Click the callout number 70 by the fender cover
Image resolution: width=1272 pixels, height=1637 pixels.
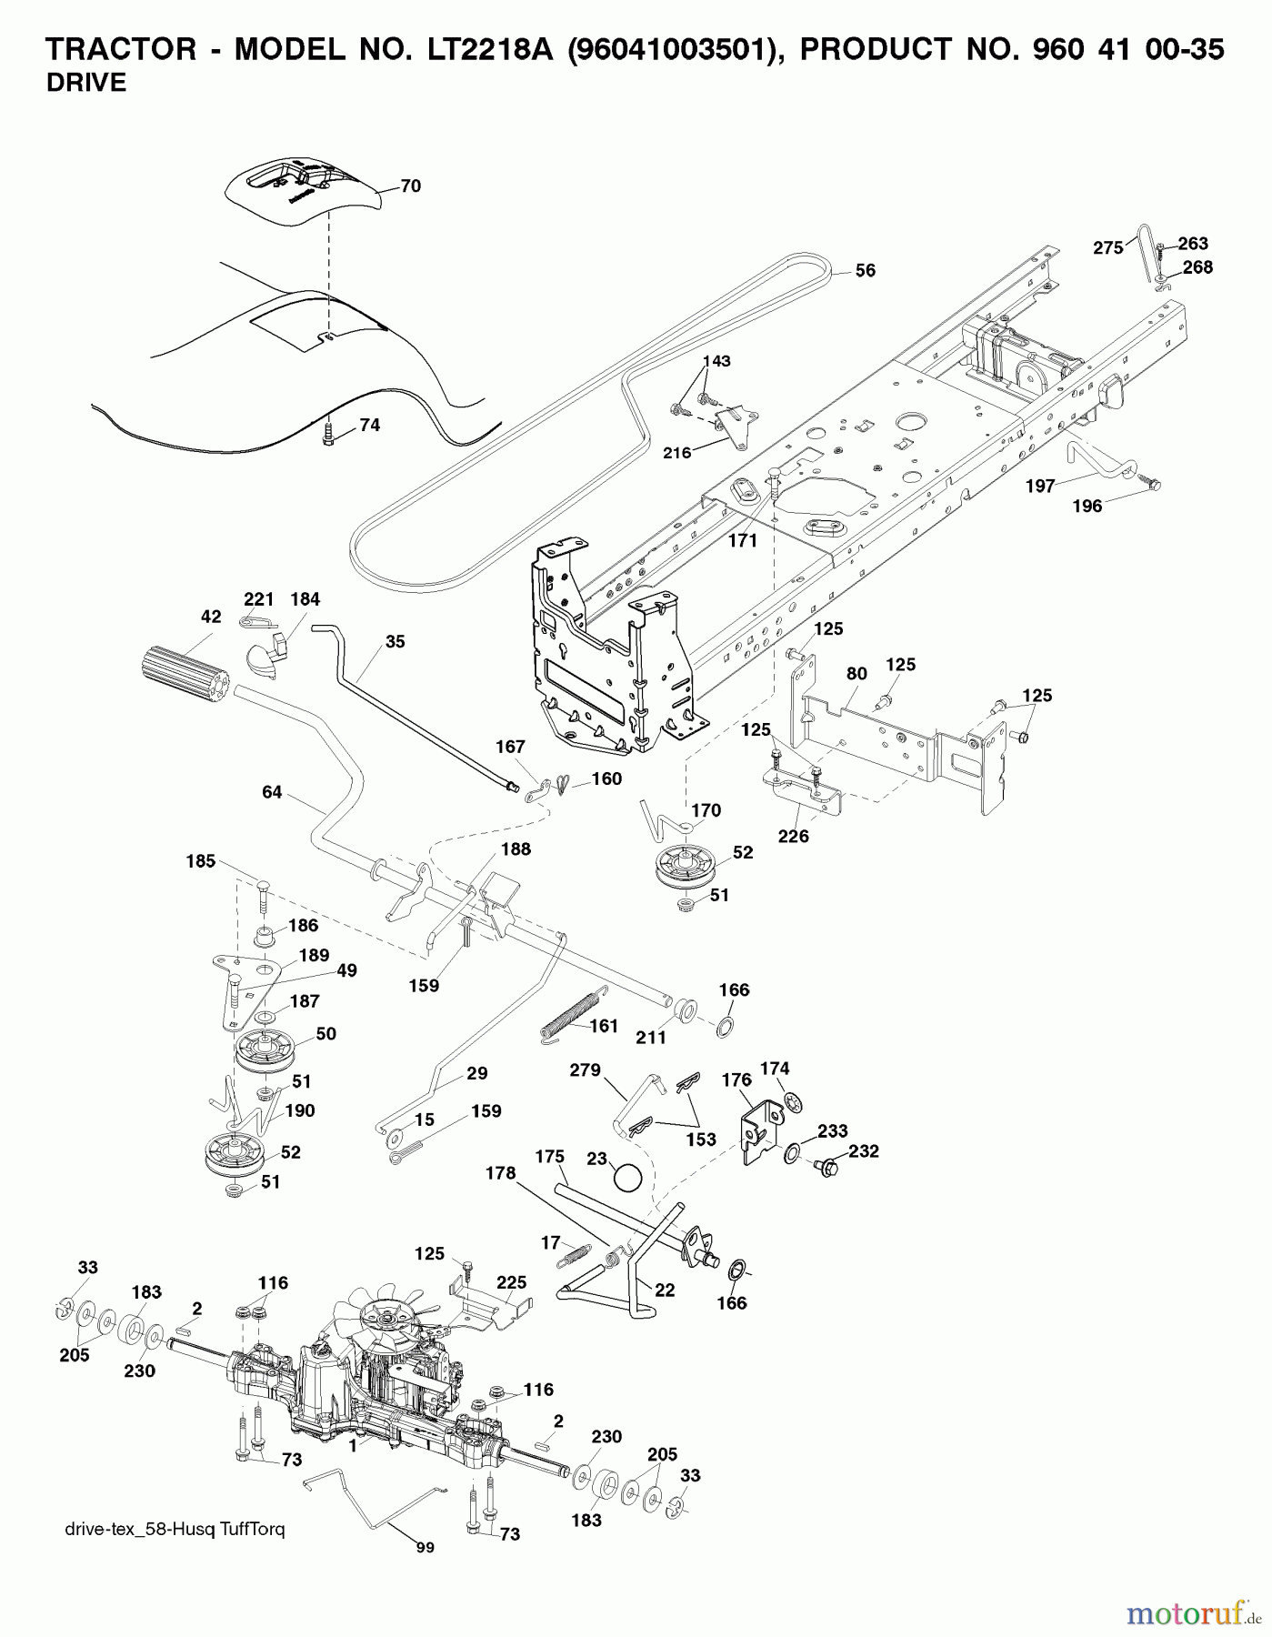(410, 186)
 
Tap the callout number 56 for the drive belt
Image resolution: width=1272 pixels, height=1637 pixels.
(865, 270)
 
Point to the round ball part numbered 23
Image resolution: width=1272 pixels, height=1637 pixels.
(627, 1178)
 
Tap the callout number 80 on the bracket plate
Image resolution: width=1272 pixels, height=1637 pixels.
(856, 674)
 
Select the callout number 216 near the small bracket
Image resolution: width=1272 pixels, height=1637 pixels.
(676, 452)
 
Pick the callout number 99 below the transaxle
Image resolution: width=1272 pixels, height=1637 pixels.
(425, 1547)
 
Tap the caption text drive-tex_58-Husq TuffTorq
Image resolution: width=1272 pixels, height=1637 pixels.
(175, 1529)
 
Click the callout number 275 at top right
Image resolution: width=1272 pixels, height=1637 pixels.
(1107, 247)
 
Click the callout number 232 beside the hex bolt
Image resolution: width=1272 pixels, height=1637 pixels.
(863, 1150)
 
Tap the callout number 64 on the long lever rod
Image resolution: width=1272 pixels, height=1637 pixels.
(272, 792)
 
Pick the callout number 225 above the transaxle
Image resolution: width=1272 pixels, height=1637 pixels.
(510, 1283)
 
